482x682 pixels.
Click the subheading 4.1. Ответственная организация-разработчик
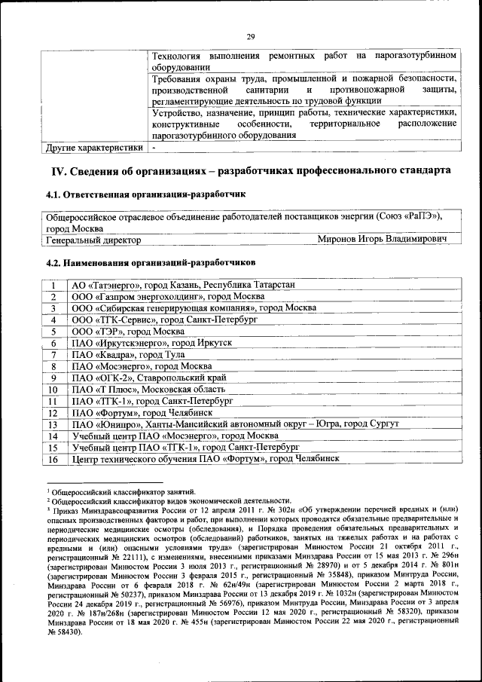(145, 194)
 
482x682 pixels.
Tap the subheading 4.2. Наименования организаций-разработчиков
(151, 262)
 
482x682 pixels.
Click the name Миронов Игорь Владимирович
(382, 239)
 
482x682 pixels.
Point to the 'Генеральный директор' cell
(93, 240)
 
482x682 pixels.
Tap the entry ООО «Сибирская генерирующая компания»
(194, 308)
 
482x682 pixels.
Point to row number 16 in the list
(53, 460)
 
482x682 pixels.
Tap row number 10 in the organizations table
(53, 390)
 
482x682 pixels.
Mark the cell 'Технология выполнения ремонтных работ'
(304, 61)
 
